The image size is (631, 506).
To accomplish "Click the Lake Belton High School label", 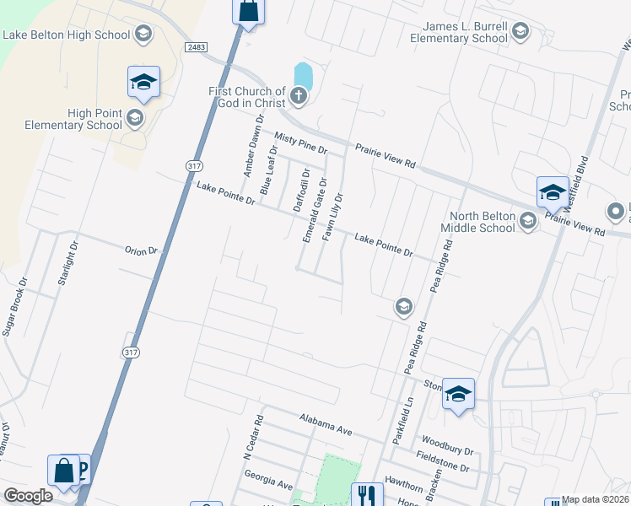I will [67, 35].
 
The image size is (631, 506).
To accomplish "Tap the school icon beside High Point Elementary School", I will [135, 119].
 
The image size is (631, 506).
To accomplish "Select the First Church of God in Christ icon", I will [299, 96].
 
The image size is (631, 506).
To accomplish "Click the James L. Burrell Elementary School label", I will [459, 32].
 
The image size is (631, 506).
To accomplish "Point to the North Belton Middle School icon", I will [529, 221].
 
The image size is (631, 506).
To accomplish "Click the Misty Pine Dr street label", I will [300, 143].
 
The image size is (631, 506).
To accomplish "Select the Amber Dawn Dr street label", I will [249, 146].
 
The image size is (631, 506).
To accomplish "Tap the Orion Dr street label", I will [141, 250].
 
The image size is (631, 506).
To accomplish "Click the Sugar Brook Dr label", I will [16, 307].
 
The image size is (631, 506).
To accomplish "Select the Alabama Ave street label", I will [326, 423].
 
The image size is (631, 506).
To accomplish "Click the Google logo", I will [28, 496].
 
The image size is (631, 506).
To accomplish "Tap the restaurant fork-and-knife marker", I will [366, 495].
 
